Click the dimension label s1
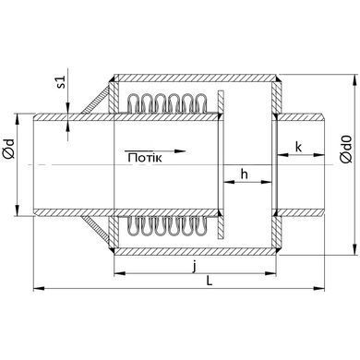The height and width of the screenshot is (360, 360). click(x=62, y=82)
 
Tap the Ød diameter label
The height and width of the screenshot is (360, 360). click(x=9, y=149)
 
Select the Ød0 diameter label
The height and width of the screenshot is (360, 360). click(x=346, y=149)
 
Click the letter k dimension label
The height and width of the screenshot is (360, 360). click(x=298, y=147)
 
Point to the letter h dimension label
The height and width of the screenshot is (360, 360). click(x=244, y=174)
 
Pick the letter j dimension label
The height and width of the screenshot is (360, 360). click(x=194, y=267)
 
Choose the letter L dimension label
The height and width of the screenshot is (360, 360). click(x=210, y=281)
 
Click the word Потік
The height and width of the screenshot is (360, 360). click(x=145, y=158)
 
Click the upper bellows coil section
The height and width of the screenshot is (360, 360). click(x=167, y=102)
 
